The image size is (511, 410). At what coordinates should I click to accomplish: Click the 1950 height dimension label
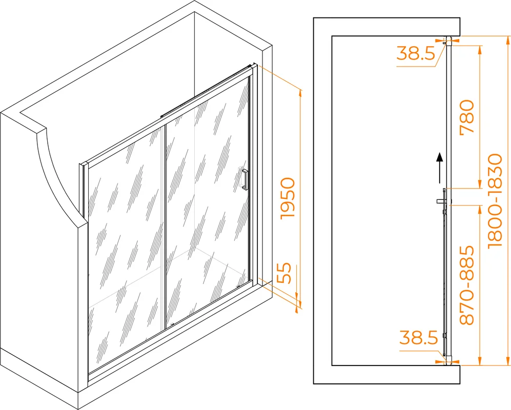tap(288, 198)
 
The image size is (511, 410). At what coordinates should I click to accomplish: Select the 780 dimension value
tap(466, 116)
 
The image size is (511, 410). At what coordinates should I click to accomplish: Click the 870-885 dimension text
tap(466, 285)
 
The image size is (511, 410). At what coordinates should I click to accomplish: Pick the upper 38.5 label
tap(416, 53)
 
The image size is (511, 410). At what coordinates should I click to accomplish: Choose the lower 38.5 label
tap(418, 337)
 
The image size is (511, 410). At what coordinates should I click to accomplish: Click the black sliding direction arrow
tap(440, 168)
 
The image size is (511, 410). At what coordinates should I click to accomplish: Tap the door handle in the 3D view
tap(245, 179)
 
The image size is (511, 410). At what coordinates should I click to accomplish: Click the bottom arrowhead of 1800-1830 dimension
tap(507, 361)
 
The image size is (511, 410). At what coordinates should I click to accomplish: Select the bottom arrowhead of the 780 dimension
tap(479, 184)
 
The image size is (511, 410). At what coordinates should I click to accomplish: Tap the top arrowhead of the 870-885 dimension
tap(479, 210)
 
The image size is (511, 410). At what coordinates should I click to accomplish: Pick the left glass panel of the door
tap(126, 251)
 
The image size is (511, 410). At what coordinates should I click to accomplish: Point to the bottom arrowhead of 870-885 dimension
tap(479, 361)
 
